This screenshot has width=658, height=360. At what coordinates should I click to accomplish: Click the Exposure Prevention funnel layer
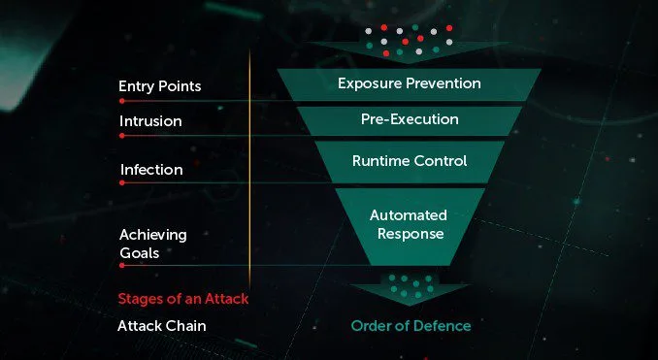coord(409,83)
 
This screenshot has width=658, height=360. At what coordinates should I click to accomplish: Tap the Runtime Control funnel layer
coord(409,161)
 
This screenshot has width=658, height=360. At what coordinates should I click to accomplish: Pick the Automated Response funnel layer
coord(409,224)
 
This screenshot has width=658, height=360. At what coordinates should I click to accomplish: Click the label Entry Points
coord(159,86)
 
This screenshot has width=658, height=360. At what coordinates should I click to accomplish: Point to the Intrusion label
coord(150,122)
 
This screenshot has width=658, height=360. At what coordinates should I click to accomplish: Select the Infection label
coord(151,170)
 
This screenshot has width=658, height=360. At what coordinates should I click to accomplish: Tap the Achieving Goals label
coord(153,243)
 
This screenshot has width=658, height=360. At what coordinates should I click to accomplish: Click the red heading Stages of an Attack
coord(183,298)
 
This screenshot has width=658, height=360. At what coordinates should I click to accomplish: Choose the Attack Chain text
coord(162,325)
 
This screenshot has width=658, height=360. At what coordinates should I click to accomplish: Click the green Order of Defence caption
coord(410,325)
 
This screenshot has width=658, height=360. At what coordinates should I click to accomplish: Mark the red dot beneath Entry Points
coord(121,99)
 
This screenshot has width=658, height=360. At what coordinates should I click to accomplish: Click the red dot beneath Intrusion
coord(121,136)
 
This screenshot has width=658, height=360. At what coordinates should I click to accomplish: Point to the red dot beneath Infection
coord(121,182)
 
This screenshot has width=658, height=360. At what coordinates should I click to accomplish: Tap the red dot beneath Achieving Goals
coord(121,265)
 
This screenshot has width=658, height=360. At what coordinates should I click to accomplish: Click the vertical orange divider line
coord(250,175)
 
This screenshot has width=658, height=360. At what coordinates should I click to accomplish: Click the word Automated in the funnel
coord(409,214)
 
